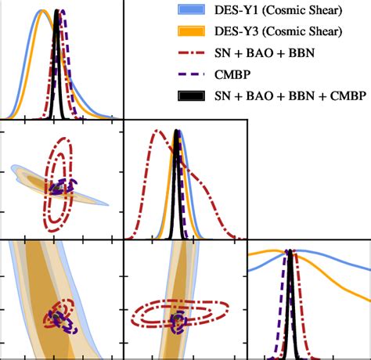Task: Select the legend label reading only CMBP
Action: click(235, 77)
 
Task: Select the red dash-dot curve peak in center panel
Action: click(157, 130)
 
